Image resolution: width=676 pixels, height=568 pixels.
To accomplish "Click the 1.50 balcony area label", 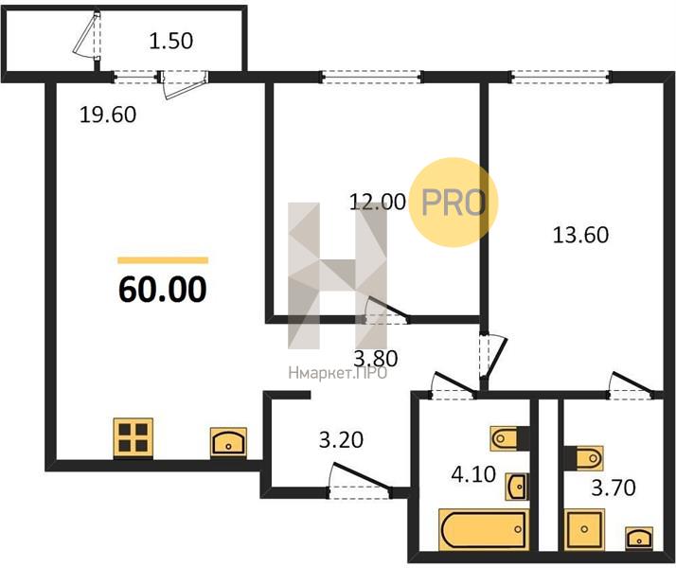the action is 170,41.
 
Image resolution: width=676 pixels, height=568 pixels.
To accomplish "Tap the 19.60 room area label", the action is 108,115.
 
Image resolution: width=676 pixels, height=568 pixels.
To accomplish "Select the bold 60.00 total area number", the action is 163,289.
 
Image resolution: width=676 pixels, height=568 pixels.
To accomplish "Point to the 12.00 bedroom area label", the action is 377,202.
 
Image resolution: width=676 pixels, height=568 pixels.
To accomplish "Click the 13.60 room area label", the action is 580,236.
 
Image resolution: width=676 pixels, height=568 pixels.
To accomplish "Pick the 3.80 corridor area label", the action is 376,358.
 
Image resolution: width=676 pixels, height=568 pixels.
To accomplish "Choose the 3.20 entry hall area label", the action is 341,440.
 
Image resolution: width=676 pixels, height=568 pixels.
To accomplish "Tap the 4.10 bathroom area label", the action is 473,474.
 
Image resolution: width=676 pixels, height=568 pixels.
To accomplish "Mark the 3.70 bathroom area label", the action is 614,488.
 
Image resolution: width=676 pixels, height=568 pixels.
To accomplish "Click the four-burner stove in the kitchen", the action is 133,437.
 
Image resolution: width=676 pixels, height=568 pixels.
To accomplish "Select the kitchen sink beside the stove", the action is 228,442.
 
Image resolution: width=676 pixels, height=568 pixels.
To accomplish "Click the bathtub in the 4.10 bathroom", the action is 484,529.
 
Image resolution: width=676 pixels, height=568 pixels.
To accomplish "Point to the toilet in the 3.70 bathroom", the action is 583,457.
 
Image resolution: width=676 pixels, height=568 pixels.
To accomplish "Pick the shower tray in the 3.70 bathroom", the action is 584,529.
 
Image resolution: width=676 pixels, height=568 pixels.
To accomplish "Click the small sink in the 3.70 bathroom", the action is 639,538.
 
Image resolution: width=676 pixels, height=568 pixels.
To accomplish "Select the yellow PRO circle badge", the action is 454,203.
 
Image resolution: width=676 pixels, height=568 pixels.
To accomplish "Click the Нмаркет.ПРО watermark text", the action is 338,373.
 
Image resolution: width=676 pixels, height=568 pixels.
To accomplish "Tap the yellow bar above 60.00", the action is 163,260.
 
